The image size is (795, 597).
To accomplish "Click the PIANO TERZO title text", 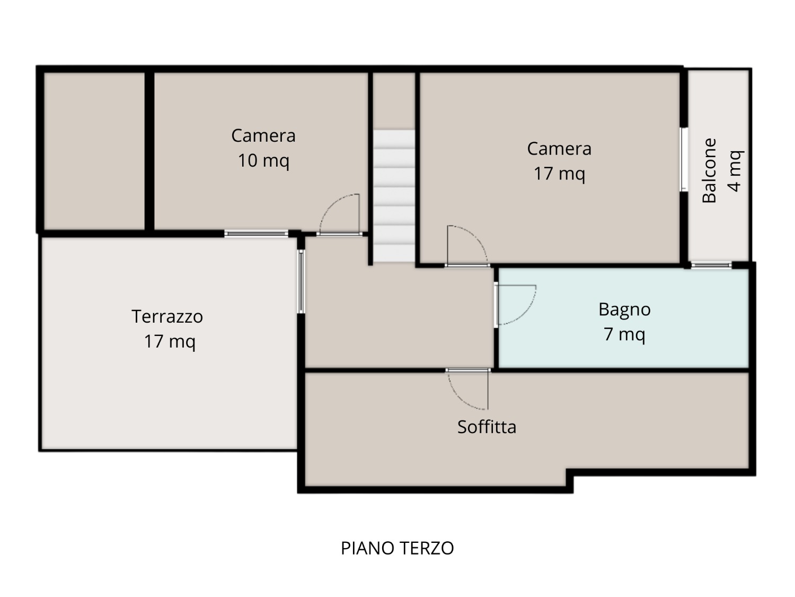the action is [397, 548].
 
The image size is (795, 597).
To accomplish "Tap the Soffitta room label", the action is [487, 427].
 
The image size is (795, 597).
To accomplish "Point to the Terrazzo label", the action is [167, 316].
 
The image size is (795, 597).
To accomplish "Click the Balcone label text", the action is [709, 170].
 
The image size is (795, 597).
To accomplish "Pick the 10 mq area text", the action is [263, 161].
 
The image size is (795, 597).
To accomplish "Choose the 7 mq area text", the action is [624, 334].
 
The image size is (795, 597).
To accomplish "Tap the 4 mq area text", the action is [735, 171].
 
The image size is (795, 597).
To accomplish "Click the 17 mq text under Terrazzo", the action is [170, 341].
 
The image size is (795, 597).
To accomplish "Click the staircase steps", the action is [394, 196].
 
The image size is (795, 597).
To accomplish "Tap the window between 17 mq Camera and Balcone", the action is [684, 160].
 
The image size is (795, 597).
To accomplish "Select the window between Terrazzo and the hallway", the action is [301, 282].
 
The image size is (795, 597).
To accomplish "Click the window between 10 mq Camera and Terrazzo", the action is [256, 233].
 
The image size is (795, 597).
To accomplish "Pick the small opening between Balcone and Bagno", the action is [711, 265].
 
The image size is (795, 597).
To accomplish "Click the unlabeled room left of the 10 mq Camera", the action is [94, 151].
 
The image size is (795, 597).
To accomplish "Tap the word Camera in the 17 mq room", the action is [559, 149].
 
